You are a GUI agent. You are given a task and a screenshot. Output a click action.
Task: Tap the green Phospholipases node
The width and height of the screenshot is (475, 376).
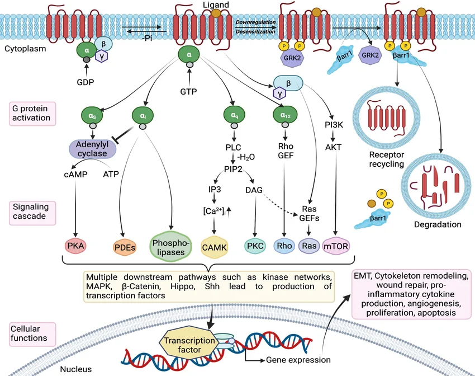point(170,245)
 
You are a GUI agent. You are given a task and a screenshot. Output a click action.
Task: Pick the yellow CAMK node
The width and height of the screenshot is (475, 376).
point(215,246)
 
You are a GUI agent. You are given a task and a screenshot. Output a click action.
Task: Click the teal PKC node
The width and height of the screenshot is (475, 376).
point(255,245)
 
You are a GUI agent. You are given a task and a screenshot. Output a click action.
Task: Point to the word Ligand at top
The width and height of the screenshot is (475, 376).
point(216,5)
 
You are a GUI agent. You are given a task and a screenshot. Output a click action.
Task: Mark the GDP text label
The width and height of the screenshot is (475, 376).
point(85,83)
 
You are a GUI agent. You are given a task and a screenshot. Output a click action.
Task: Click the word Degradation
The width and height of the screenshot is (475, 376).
point(438,225)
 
